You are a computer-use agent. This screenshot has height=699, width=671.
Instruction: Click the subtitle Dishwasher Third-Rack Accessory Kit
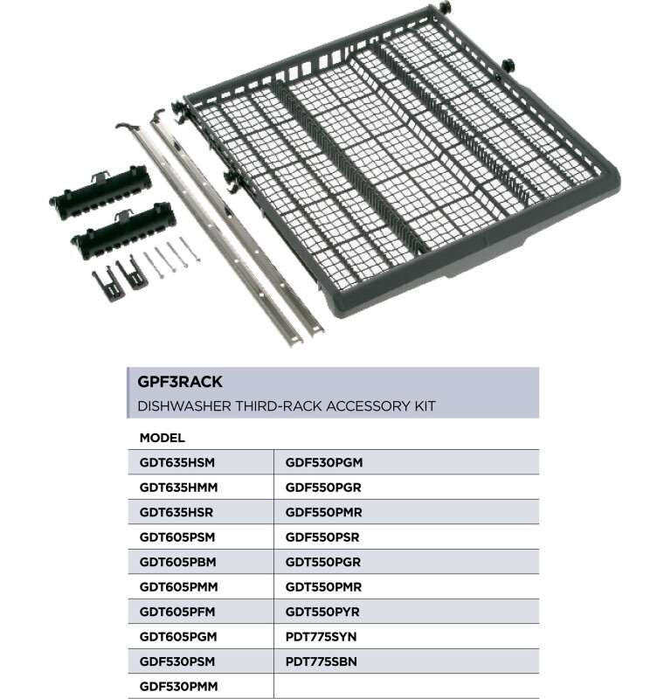[x=286, y=406]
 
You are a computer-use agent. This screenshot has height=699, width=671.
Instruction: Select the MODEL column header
[x=162, y=437]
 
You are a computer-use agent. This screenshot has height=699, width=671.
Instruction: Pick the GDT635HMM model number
[x=178, y=487]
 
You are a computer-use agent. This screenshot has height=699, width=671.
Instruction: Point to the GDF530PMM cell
[x=178, y=687]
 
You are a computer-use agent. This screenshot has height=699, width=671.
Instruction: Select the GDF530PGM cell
[x=323, y=462]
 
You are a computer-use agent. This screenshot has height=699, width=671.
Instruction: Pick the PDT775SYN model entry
[x=322, y=637]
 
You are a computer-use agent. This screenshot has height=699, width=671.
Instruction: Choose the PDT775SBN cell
[x=322, y=662]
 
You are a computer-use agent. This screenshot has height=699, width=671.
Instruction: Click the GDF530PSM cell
[x=177, y=662]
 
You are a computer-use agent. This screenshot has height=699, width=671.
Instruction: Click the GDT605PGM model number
[x=177, y=637]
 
